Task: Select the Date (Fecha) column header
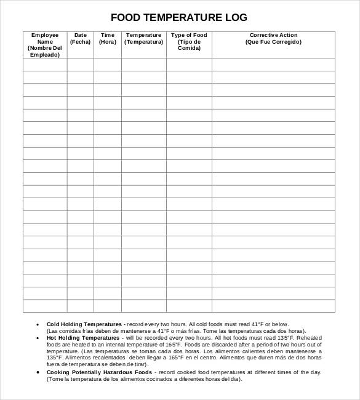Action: pyautogui.click(x=80, y=39)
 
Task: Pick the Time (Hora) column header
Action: pyautogui.click(x=107, y=39)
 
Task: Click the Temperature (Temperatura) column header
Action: pyautogui.click(x=143, y=39)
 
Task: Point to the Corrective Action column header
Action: pyautogui.click(x=273, y=35)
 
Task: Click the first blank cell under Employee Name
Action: pyautogui.click(x=45, y=64)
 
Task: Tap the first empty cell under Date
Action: pyautogui.click(x=80, y=64)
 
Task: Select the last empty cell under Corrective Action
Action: pyautogui.click(x=273, y=306)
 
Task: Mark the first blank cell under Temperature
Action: pyautogui.click(x=143, y=64)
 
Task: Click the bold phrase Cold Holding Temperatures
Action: pyautogui.click(x=84, y=324)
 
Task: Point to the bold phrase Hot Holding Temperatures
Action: pyautogui.click(x=83, y=338)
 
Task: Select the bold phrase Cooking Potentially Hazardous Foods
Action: pyautogui.click(x=99, y=372)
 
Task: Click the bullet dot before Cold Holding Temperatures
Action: pyautogui.click(x=38, y=324)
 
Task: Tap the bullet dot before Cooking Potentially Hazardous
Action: pyautogui.click(x=38, y=372)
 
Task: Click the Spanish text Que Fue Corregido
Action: pyautogui.click(x=273, y=42)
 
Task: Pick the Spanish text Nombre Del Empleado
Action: pyautogui.click(x=45, y=51)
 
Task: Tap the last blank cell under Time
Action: pyautogui.click(x=107, y=306)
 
